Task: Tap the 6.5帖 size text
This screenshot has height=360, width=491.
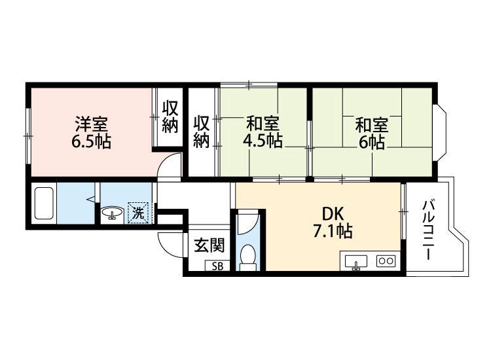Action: pyautogui.click(x=91, y=141)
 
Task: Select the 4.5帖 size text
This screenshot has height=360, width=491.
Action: pyautogui.click(x=263, y=141)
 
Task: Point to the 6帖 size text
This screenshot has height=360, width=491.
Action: pyautogui.click(x=371, y=141)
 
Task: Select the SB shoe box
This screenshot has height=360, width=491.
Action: pyautogui.click(x=217, y=266)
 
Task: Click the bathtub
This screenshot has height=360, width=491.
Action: pyautogui.click(x=44, y=204)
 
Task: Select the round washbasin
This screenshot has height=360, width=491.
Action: pyautogui.click(x=112, y=213)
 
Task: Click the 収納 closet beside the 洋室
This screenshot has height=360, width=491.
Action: pyautogui.click(x=170, y=117)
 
